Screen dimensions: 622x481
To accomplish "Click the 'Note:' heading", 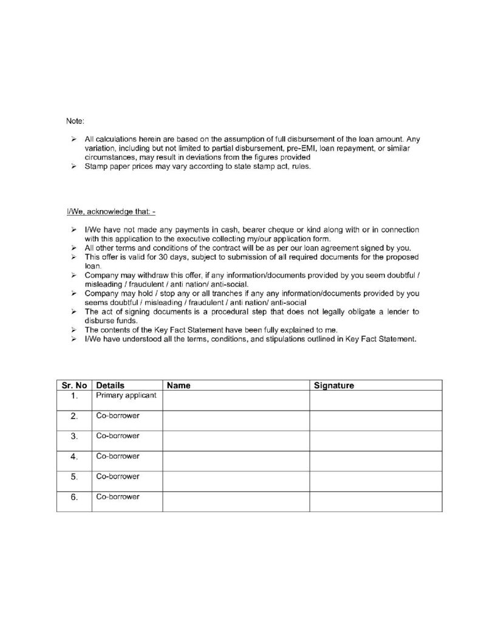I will coord(75,121).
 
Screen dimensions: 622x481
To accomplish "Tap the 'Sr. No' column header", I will coord(74,385).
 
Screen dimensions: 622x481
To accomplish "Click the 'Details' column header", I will coord(110,385).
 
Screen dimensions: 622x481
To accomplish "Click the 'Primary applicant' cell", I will coord(126,395).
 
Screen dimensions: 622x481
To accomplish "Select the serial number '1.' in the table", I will coord(74,397).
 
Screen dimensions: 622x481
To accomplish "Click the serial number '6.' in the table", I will coord(74,497).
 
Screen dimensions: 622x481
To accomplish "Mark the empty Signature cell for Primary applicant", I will coord(375,400).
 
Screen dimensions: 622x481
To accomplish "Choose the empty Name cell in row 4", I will coord(236,461).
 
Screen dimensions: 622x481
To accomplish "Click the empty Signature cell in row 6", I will coord(375,501).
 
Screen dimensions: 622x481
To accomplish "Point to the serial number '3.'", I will coord(74,437).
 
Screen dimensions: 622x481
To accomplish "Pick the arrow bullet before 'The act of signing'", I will coord(72,312).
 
